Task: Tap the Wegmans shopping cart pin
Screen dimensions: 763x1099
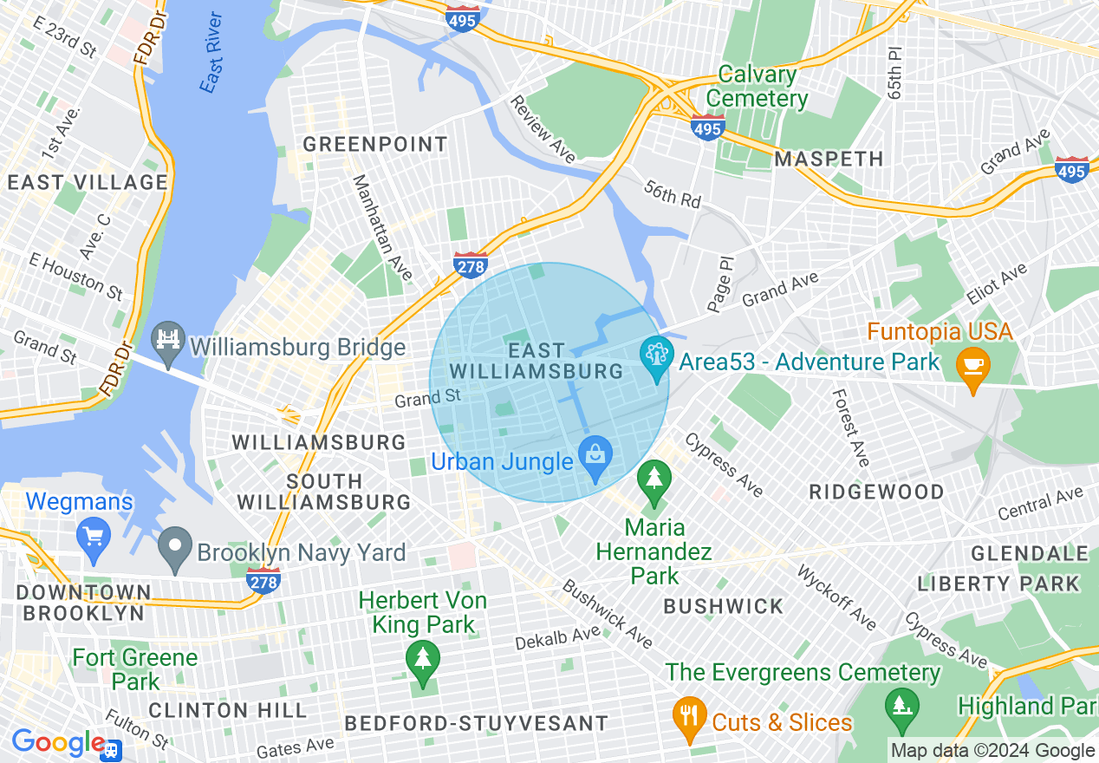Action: pyautogui.click(x=93, y=535)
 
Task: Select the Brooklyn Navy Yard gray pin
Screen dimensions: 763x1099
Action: pyautogui.click(x=175, y=548)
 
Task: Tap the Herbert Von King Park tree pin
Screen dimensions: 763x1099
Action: pyautogui.click(x=423, y=661)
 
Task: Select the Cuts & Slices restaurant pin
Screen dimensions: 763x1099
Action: pyautogui.click(x=689, y=716)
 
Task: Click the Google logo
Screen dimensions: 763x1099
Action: pyautogui.click(x=57, y=743)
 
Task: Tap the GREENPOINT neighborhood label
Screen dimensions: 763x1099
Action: pyautogui.click(x=375, y=144)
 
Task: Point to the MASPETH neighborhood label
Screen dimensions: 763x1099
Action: pyautogui.click(x=829, y=159)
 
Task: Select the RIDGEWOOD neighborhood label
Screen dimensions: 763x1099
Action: pyautogui.click(x=876, y=492)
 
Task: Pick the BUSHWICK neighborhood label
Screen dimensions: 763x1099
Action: pyautogui.click(x=723, y=606)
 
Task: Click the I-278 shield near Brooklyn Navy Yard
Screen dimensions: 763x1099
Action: pyautogui.click(x=263, y=580)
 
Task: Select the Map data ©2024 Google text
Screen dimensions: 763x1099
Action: pyautogui.click(x=992, y=751)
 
